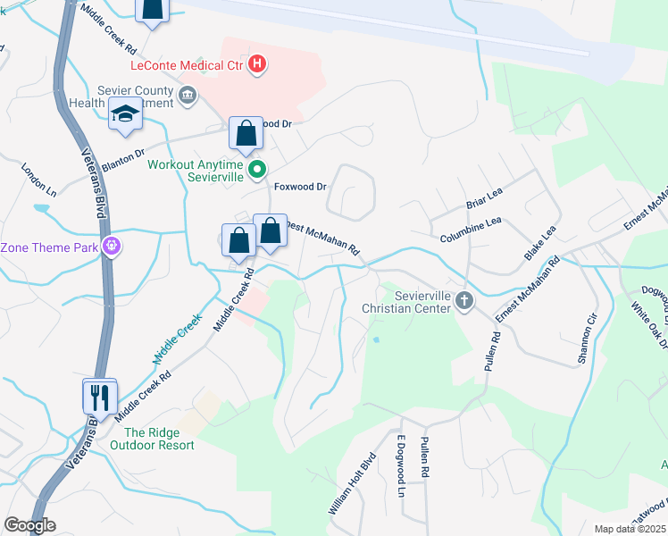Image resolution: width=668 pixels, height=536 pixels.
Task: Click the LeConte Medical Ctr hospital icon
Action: (257, 64)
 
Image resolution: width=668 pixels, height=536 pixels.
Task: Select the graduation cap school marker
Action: (125, 115)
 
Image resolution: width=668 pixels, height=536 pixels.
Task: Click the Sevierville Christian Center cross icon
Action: (463, 300)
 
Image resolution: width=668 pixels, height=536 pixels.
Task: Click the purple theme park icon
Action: (111, 246)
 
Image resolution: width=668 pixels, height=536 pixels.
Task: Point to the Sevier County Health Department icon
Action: (188, 96)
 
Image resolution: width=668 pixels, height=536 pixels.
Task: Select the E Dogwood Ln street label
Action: (401, 467)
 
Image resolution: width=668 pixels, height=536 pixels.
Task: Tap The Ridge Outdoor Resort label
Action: (158, 439)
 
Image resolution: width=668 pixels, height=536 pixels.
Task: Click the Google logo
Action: (29, 525)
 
